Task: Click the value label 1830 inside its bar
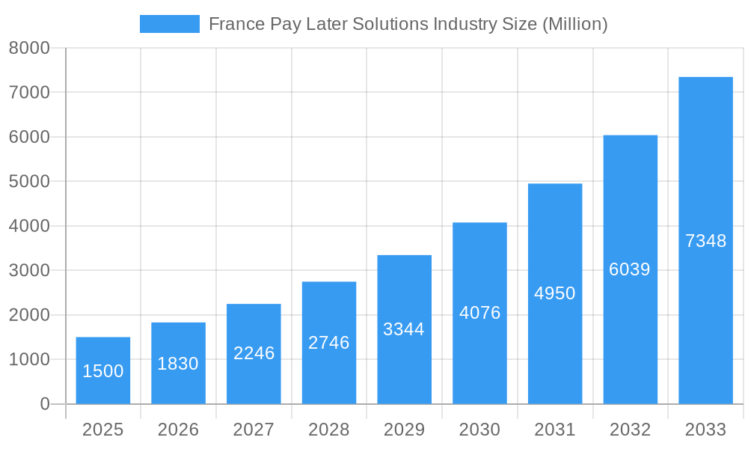point(178,364)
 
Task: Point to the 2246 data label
point(254,353)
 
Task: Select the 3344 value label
point(404,329)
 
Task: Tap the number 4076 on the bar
point(479,313)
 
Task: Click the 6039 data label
point(630,269)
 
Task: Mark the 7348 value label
point(705,241)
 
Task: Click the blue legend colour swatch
point(170,24)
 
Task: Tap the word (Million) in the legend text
point(574,24)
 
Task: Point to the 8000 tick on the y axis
point(29,48)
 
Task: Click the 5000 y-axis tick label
point(29,181)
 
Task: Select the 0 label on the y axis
point(44,404)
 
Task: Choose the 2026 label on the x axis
point(178,430)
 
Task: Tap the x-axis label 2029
point(404,430)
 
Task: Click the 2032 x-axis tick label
point(630,430)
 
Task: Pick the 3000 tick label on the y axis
point(29,270)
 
